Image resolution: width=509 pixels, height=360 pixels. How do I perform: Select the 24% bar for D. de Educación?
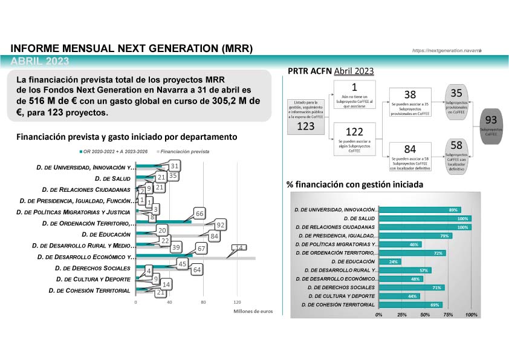tap(390, 261)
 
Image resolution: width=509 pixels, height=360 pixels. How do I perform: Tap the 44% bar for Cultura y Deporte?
tap(399, 296)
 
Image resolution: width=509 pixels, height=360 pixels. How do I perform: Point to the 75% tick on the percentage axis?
tap(449, 315)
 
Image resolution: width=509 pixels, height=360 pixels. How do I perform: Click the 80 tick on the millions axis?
tap(203, 302)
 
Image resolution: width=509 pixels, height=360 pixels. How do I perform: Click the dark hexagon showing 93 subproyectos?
tap(491, 125)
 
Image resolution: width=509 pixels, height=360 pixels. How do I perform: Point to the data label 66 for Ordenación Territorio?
tap(198, 214)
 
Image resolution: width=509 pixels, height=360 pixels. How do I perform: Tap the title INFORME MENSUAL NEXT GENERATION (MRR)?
tap(132, 48)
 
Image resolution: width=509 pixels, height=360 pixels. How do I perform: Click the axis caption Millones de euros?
tap(253, 311)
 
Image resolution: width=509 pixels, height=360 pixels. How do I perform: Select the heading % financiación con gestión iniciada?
tap(355, 184)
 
